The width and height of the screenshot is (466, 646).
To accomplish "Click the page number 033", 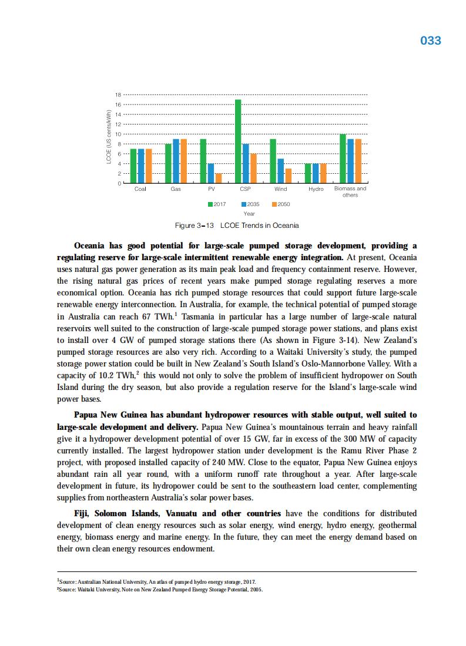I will tap(431, 41).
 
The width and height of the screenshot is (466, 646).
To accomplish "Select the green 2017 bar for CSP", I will tap(238, 142).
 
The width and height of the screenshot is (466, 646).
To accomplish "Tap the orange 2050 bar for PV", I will tap(219, 179).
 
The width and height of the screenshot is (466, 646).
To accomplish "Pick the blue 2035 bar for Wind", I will tap(281, 171).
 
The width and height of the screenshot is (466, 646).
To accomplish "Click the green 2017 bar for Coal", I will tap(133, 166).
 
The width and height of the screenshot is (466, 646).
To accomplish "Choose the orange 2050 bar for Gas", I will tap(183, 161).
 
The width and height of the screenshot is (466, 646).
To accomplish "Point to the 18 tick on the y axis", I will tap(118, 95).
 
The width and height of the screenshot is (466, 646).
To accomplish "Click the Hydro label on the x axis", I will tap(316, 189).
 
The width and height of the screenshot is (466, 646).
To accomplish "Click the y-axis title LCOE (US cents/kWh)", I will tap(109, 136).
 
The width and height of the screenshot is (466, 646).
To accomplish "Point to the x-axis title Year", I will tap(249, 214).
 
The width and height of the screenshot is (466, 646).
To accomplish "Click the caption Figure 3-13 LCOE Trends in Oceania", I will tap(237, 226).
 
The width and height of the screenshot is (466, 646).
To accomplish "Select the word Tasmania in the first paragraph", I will tap(205, 317).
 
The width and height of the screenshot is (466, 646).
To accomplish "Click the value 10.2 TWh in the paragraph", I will tap(121, 375).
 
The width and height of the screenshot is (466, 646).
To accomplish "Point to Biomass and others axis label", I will tap(350, 191).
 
